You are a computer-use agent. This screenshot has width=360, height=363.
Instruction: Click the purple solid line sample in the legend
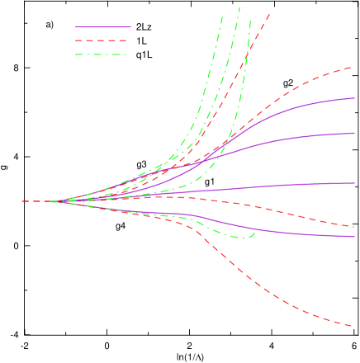point(103,27)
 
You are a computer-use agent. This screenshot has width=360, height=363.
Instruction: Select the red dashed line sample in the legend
point(103,40)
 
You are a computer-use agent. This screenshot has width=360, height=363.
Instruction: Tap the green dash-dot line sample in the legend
point(103,54)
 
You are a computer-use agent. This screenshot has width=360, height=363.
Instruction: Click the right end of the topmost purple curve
point(354,98)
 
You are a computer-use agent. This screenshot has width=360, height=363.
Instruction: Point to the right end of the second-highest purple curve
point(354,133)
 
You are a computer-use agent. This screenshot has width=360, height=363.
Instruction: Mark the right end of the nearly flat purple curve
point(354,183)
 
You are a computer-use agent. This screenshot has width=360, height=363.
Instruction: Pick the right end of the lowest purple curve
point(354,236)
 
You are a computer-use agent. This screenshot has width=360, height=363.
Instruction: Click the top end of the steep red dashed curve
point(270,13)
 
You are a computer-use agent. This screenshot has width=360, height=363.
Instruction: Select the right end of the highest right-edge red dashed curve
point(354,68)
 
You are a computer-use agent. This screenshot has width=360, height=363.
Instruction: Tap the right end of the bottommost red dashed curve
point(354,326)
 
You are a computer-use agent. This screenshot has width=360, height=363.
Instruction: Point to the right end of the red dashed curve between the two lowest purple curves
point(354,226)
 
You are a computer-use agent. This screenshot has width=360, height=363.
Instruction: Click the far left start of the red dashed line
point(23,201)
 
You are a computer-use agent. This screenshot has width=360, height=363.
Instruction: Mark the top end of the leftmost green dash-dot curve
point(222,16)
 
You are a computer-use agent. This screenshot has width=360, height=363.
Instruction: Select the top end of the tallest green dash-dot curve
point(240,7)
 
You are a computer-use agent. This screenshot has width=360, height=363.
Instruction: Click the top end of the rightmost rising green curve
point(249,20)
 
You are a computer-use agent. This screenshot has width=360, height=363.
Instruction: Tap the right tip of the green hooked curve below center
point(254,233)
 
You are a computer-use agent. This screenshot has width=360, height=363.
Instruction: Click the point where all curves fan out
point(54,201)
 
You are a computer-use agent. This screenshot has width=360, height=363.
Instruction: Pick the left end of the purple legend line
point(76,27)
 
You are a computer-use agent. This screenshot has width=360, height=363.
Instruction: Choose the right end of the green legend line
point(130,54)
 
